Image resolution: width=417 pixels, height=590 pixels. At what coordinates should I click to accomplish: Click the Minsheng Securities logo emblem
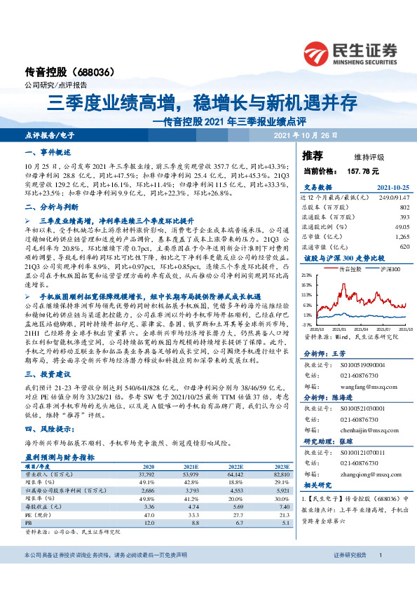[321, 52]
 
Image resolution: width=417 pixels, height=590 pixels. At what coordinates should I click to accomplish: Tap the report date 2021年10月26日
[307, 134]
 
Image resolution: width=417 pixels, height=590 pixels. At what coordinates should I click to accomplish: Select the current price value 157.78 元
[363, 171]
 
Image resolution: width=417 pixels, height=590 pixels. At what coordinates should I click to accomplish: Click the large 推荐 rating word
[313, 155]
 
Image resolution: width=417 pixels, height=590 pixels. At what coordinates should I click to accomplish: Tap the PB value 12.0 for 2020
[149, 523]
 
